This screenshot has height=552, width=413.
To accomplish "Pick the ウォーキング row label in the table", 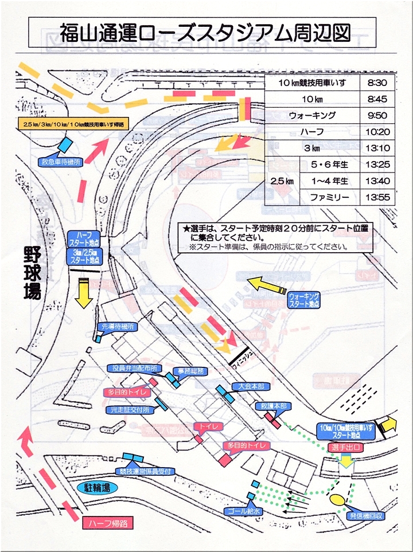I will [312, 115].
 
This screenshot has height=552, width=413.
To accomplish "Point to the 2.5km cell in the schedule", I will [282, 181].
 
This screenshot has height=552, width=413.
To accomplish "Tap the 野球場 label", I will [32, 274].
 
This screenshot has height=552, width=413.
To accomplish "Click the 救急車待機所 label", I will [60, 162].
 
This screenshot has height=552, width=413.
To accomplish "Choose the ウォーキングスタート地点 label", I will [304, 300].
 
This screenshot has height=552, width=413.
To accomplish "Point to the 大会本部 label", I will [247, 386].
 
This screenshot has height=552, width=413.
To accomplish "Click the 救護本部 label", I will [272, 405].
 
